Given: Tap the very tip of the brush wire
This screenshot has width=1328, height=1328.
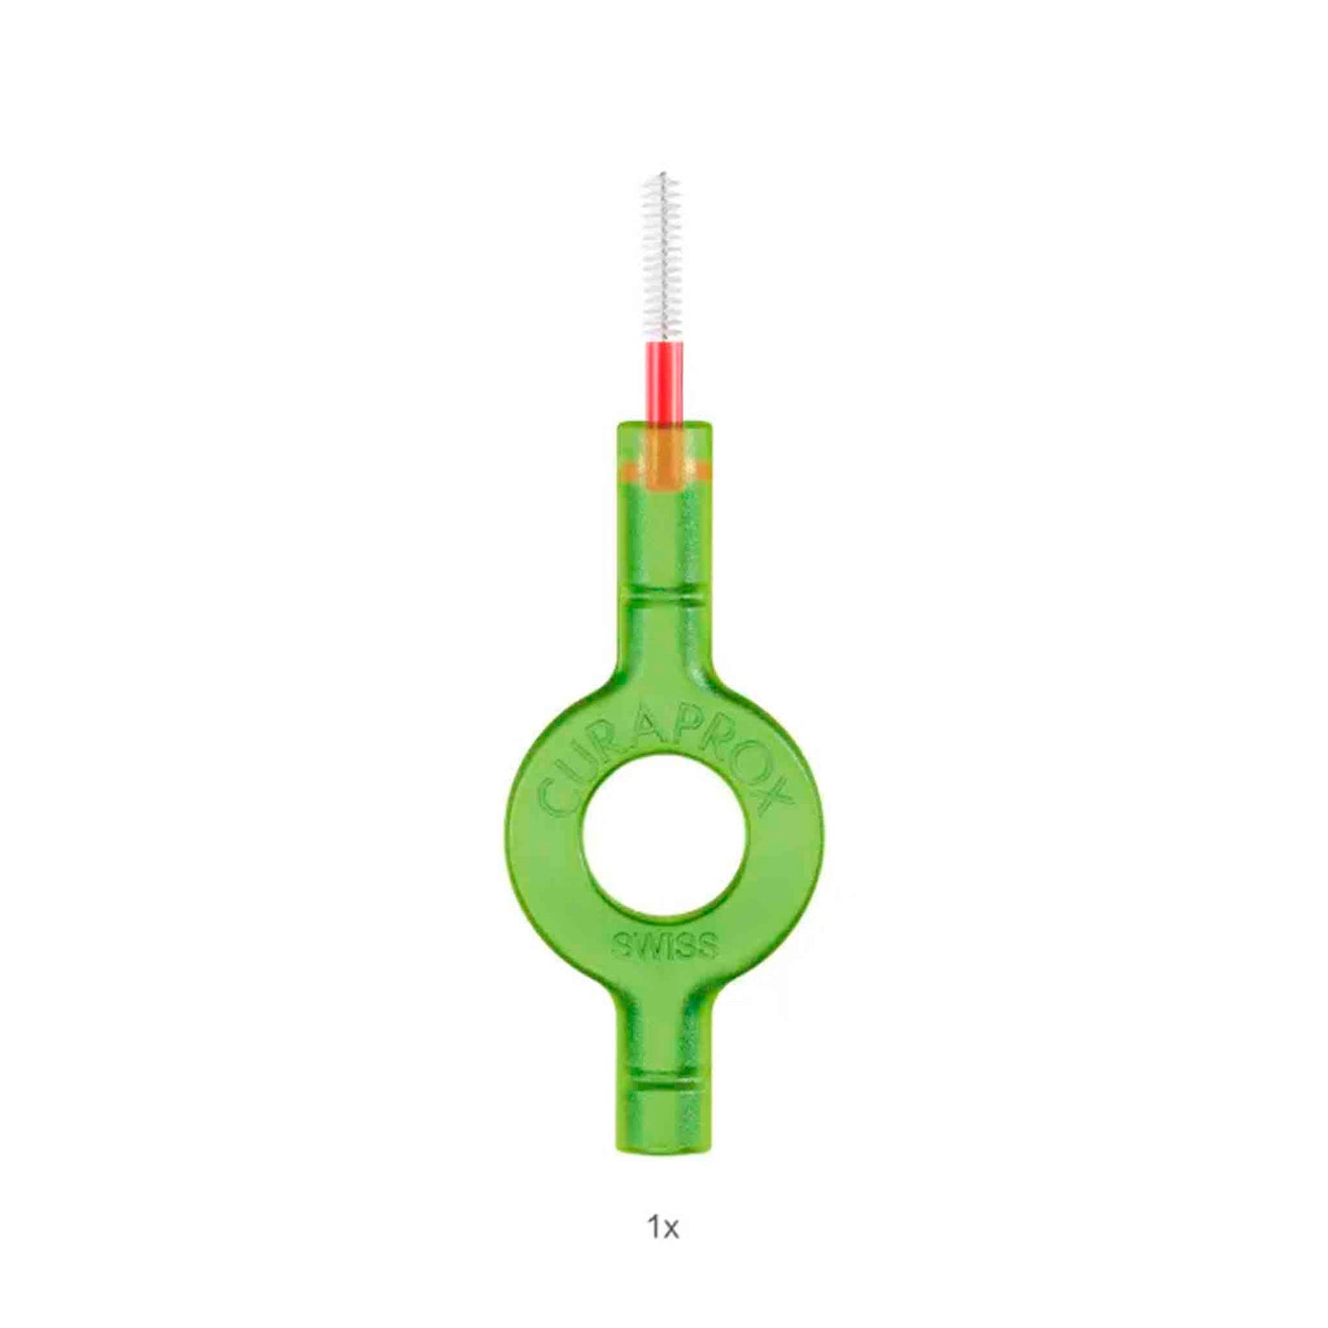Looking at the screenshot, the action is point(663,173).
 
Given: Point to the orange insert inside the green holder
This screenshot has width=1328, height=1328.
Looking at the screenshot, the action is point(664,463).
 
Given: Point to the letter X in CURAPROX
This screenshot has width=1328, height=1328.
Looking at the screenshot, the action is point(776,801).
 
